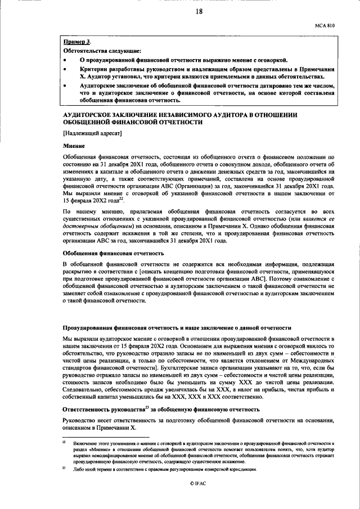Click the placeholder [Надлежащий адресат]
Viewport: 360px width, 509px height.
point(91,133)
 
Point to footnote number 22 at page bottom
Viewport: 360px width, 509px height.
point(65,444)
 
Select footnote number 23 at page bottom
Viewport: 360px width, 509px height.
point(65,468)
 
